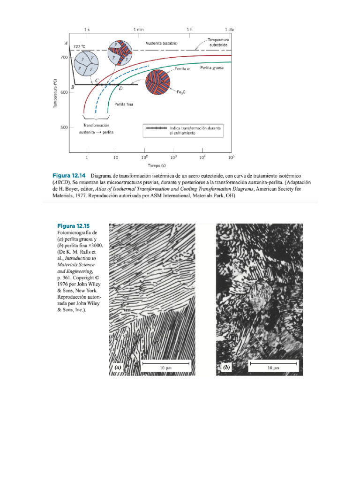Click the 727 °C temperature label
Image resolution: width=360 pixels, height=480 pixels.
[80, 46]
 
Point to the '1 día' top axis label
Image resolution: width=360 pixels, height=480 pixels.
[229, 30]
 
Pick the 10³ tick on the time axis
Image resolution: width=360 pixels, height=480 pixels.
[173, 157]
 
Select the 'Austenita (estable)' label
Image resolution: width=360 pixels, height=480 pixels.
[162, 43]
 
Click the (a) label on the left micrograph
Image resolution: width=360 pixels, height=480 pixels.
[117, 368]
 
